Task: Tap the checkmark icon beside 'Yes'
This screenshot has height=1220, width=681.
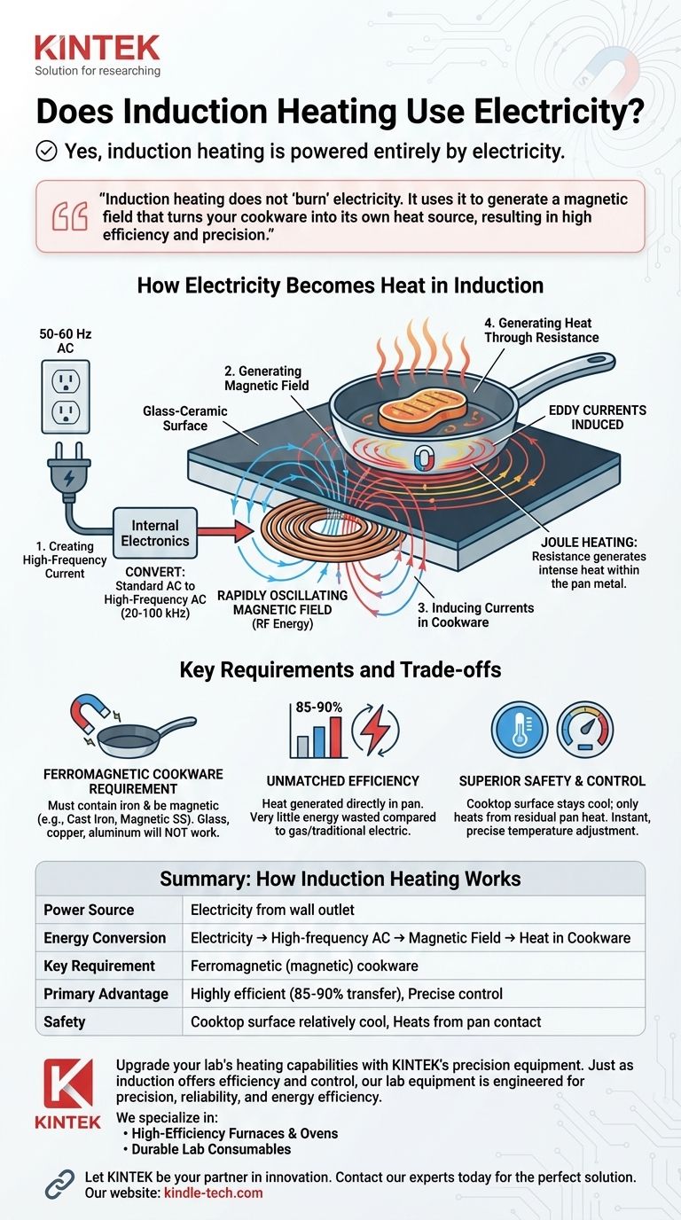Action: coord(46,152)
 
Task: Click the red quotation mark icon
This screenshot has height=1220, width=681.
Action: coord(71,216)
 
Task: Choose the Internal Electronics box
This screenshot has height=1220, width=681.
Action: coord(154,533)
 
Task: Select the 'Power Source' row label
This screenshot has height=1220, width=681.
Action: coord(89,910)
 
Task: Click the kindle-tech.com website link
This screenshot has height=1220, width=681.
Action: coord(213,1193)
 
